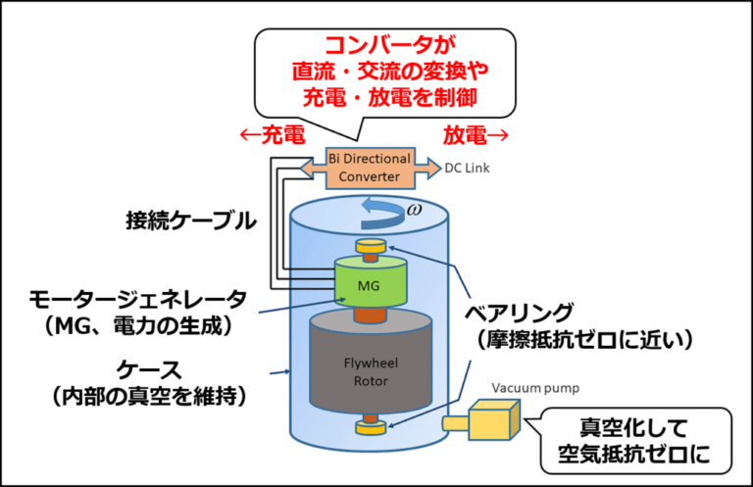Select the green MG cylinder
click(x=370, y=283)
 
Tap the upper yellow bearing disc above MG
click(x=371, y=246)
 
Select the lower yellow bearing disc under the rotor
click(x=371, y=427)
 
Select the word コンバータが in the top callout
click(x=386, y=44)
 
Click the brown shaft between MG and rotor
click(x=371, y=315)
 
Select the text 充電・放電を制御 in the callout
click(x=386, y=98)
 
